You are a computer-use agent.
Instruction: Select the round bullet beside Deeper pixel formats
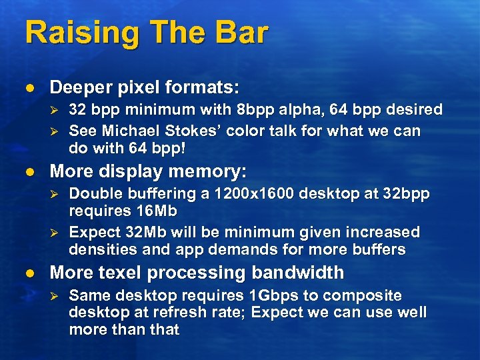point(29,88)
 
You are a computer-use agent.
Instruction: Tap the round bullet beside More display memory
point(29,172)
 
